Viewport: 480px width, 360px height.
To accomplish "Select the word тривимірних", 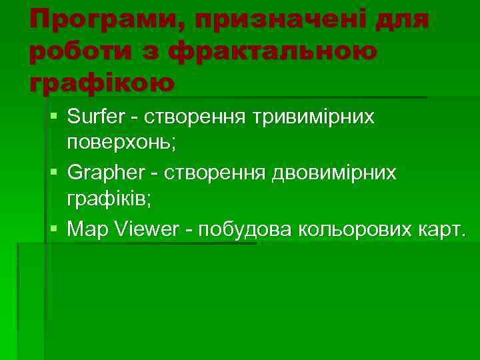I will pos(313,118).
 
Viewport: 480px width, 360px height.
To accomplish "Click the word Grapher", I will pos(101,173).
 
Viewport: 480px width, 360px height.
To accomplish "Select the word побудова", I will pos(247,229).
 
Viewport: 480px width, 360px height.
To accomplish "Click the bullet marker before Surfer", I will pos(53,118).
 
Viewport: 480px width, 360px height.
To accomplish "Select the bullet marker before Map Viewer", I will pos(53,229).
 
